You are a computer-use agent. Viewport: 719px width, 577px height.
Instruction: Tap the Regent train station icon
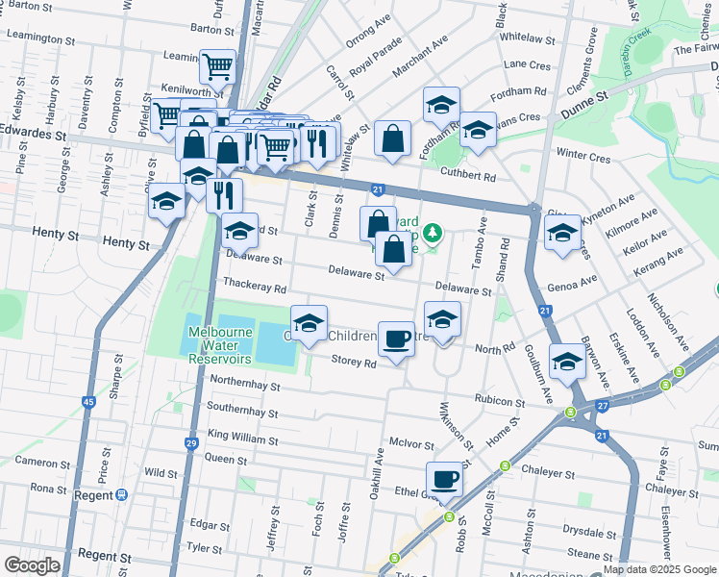(x=121, y=495)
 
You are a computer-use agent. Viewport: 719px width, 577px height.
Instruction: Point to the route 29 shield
(x=191, y=443)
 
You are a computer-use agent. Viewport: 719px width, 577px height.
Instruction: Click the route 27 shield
(x=602, y=408)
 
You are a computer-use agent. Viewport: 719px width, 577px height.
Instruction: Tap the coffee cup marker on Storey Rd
(x=396, y=339)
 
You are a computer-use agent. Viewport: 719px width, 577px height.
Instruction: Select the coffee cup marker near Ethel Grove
(x=443, y=479)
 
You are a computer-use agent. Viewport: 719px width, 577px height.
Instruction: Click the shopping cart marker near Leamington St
(x=218, y=66)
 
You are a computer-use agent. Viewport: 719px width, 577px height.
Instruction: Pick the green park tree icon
(x=434, y=231)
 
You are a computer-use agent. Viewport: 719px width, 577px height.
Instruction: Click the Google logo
(x=32, y=565)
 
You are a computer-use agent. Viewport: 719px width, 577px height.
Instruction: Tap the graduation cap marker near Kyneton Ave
(x=562, y=233)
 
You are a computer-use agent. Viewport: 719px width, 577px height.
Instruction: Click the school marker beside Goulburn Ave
(x=567, y=362)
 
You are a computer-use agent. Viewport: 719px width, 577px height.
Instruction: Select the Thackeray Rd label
(x=255, y=287)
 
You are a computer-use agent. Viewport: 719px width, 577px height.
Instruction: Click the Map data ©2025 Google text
(x=659, y=569)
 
